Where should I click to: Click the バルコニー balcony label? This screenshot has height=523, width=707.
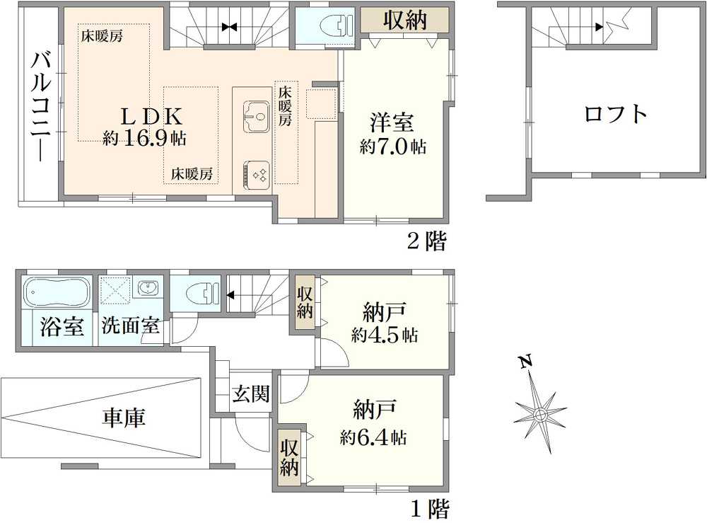pyautogui.click(x=40, y=106)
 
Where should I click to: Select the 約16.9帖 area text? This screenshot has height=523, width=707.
pyautogui.click(x=144, y=138)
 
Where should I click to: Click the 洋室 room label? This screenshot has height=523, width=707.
pyautogui.click(x=392, y=122)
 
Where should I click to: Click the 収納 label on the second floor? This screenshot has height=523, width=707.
pyautogui.click(x=405, y=21)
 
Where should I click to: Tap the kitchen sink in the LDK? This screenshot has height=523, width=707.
pyautogui.click(x=256, y=113)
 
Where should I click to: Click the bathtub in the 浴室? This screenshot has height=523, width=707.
pyautogui.click(x=56, y=291)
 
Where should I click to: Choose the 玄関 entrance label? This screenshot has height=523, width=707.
pyautogui.click(x=251, y=394)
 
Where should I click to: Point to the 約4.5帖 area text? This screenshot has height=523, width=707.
pyautogui.click(x=384, y=335)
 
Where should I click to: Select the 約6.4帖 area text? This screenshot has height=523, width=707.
pyautogui.click(x=373, y=437)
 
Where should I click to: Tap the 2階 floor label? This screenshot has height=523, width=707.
pyautogui.click(x=426, y=242)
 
